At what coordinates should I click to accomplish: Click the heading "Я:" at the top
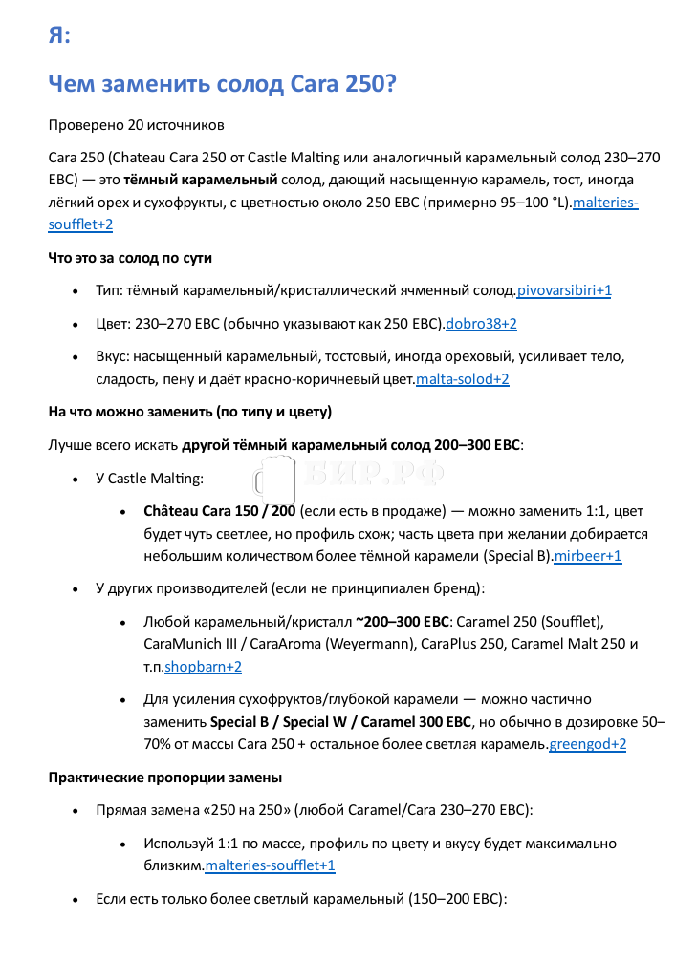58,35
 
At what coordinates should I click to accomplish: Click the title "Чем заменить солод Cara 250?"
222,84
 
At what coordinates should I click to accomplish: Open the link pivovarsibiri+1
563,290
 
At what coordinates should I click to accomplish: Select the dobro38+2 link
481,324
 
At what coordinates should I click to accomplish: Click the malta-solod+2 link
462,379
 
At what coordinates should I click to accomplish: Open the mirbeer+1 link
588,555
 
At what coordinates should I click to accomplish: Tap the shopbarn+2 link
203,667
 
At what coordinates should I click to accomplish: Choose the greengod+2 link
587,744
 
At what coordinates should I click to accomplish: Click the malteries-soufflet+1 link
270,865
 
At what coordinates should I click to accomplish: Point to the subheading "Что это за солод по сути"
130,258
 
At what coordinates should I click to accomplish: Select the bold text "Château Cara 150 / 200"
219,511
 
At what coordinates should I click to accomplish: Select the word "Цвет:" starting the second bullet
115,324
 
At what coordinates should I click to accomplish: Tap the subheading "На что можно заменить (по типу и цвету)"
189,412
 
